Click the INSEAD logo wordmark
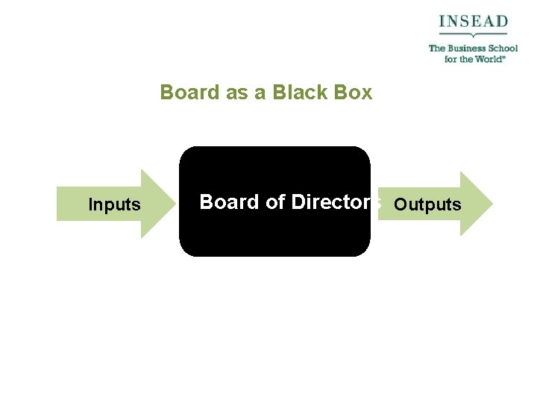click(473, 21)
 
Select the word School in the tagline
click(500, 49)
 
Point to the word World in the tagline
click(487, 59)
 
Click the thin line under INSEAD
click(473, 34)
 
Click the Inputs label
click(114, 204)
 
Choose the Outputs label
click(427, 204)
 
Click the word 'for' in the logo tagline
click(450, 59)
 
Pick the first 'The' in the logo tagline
click(436, 49)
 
